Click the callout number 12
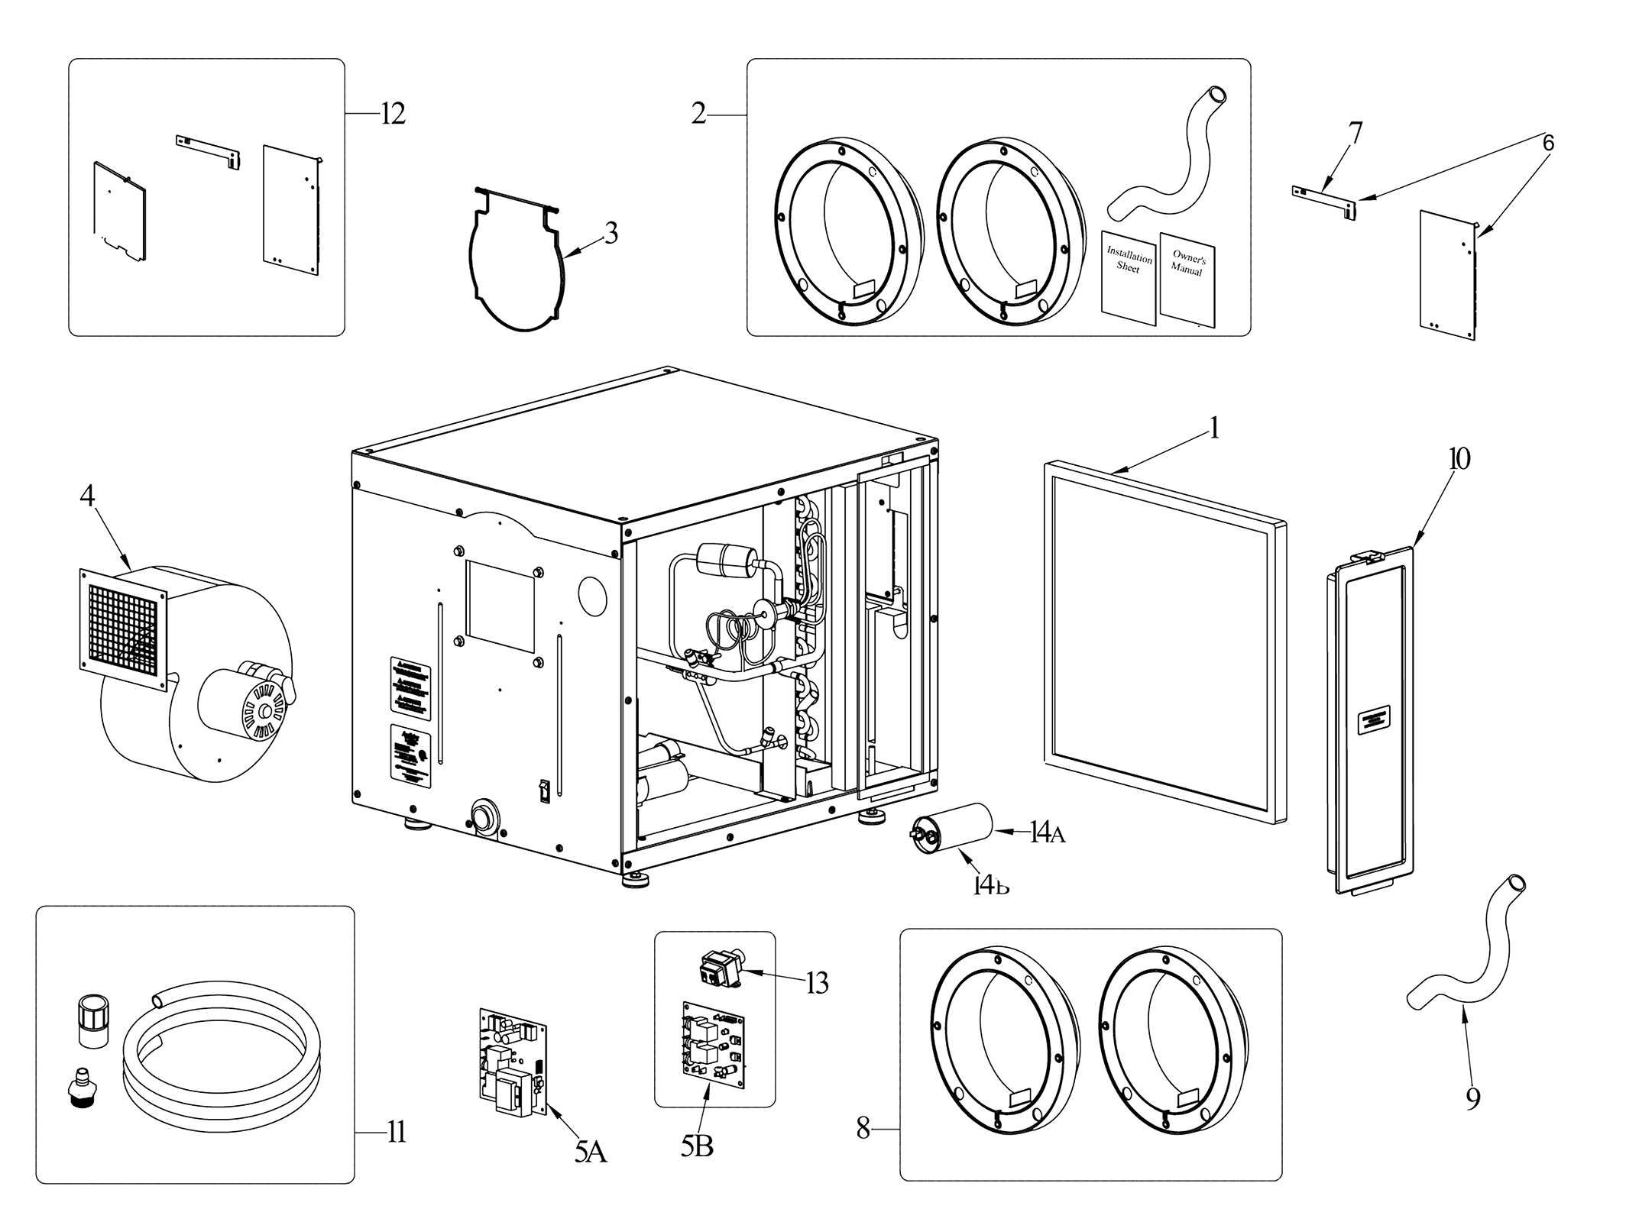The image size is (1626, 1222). coord(393,114)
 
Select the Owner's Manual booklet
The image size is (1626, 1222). coord(1187,279)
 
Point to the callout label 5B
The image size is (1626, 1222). coord(697,1146)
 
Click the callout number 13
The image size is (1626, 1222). coord(817,984)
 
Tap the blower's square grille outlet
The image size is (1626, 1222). coord(122,622)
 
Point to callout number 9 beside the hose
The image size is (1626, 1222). coord(1472,1099)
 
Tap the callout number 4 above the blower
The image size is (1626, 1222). coord(87,496)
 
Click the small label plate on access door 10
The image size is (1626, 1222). coord(1373,722)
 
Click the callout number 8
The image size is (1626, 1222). coord(863,1128)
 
